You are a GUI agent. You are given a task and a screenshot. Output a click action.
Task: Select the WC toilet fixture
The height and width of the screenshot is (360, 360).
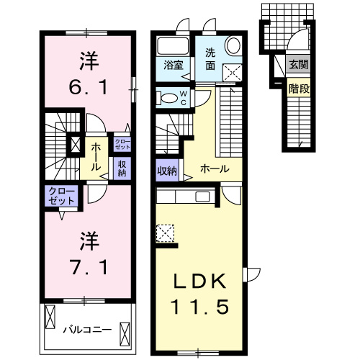(168, 97)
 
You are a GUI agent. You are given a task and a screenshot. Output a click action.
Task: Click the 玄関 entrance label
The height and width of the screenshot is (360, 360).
(298, 65)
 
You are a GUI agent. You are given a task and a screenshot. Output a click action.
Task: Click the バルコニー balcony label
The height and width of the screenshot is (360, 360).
(86, 330)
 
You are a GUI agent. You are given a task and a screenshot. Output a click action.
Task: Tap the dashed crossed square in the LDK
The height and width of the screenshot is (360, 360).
(165, 233)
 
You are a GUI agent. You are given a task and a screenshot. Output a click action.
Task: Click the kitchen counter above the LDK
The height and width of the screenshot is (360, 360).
(184, 197)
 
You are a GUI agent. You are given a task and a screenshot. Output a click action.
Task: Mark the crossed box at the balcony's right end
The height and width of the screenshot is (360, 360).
(124, 333)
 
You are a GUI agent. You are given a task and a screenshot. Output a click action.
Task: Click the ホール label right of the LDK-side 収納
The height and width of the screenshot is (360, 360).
(215, 169)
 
